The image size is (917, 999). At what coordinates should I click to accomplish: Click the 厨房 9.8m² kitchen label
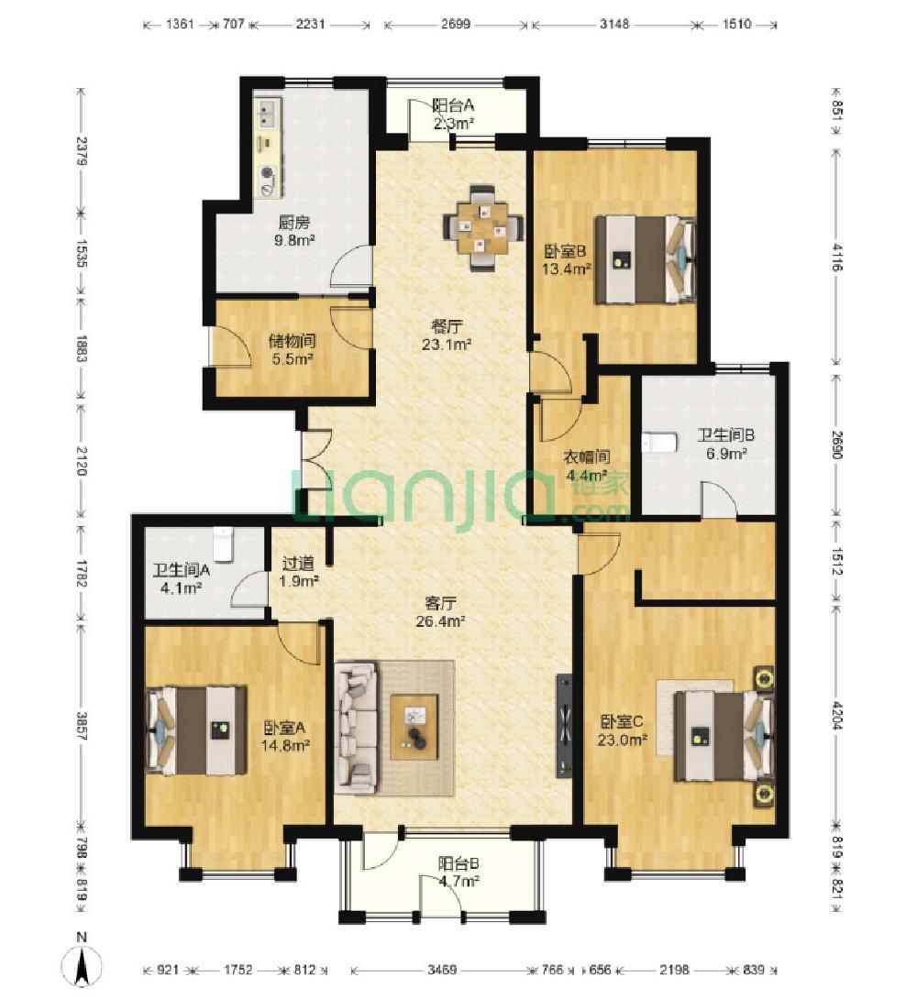pyautogui.click(x=294, y=231)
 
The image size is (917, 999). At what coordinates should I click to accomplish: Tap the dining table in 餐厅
pyautogui.click(x=483, y=228)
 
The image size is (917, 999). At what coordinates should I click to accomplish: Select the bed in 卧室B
pyautogui.click(x=645, y=258)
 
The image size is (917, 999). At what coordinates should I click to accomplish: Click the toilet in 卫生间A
pyautogui.click(x=222, y=543)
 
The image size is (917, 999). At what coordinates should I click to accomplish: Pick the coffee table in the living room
pyautogui.click(x=414, y=727)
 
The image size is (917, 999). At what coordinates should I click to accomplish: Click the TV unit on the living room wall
pyautogui.click(x=564, y=726)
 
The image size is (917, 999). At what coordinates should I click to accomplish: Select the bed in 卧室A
pyautogui.click(x=196, y=730)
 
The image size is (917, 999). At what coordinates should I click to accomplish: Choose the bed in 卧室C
pyautogui.click(x=724, y=736)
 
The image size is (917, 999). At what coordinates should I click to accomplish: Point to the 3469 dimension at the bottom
pyautogui.click(x=442, y=970)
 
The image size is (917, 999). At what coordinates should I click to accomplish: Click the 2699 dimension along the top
pyautogui.click(x=456, y=24)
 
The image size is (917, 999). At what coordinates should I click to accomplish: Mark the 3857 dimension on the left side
pyautogui.click(x=81, y=725)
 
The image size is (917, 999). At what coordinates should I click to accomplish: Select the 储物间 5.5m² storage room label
pyautogui.click(x=293, y=350)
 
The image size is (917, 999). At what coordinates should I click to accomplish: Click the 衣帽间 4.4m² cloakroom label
pyautogui.click(x=587, y=466)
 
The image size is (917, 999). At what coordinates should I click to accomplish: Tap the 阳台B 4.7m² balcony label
pyautogui.click(x=458, y=873)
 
